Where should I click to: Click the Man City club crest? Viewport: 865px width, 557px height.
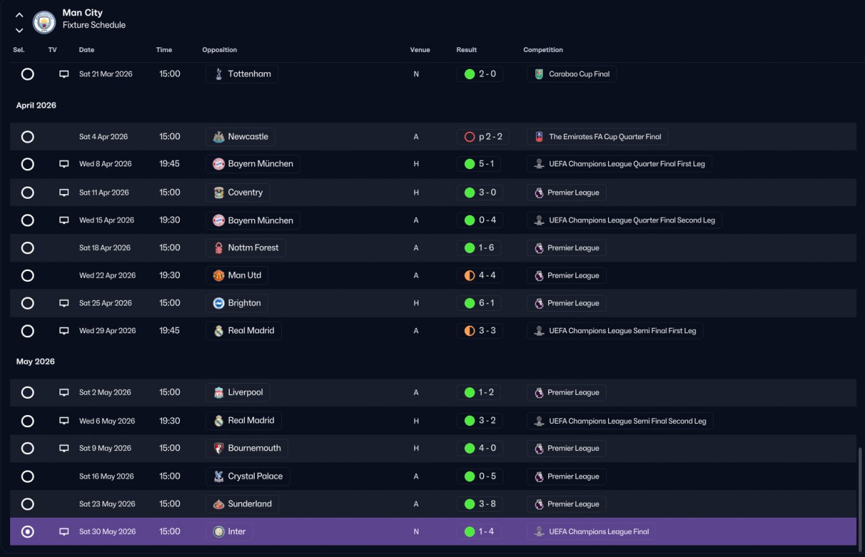[44, 22]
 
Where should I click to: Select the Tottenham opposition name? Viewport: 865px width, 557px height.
[249, 74]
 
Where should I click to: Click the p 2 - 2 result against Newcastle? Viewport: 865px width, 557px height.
[491, 137]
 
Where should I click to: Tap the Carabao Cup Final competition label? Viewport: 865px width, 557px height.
[579, 74]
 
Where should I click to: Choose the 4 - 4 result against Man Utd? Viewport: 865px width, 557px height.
[487, 275]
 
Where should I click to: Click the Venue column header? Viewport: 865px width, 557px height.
[420, 50]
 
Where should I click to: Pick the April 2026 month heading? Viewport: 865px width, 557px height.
[36, 105]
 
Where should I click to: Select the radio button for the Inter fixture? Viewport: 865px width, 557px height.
[28, 531]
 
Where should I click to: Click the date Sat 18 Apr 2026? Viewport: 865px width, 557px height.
[105, 247]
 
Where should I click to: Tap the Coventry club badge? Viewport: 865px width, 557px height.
[218, 193]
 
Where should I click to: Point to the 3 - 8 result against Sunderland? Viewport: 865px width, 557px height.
[487, 504]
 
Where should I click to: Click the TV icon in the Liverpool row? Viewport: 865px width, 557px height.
[64, 392]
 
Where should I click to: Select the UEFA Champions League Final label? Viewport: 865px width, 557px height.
[599, 531]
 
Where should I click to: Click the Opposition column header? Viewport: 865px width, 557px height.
[220, 50]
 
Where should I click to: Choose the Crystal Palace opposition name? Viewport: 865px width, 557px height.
[255, 476]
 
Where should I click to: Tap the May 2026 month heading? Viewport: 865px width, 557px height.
[35, 362]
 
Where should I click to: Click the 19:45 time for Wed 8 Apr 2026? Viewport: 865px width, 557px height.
[169, 164]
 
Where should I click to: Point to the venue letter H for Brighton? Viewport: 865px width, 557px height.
[416, 303]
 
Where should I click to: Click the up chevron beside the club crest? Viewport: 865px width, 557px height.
[20, 15]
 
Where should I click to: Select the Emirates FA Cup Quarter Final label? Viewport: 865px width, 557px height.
[605, 137]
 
